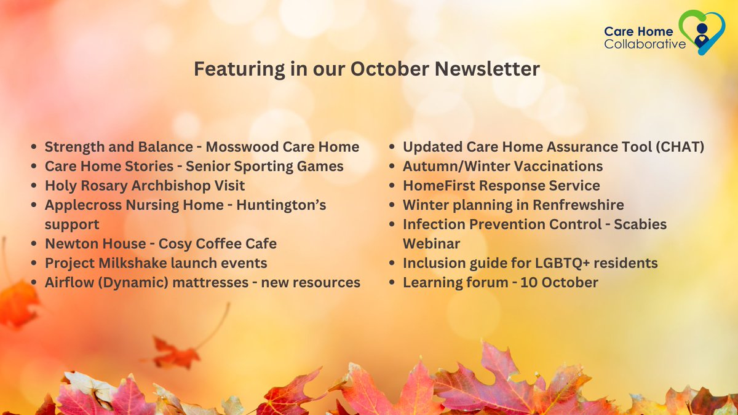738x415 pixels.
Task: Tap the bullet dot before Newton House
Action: coord(34,244)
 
